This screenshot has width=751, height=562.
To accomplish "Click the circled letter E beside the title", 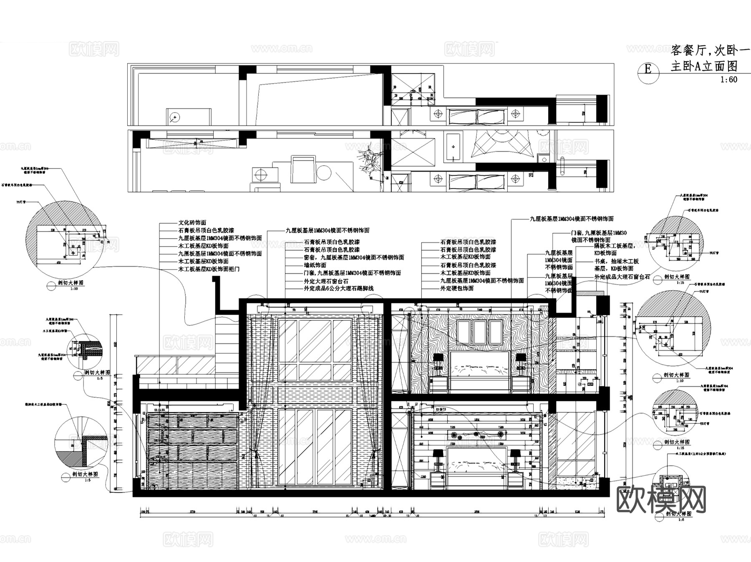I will (648, 68).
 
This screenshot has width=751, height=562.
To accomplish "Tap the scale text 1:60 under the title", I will (728, 79).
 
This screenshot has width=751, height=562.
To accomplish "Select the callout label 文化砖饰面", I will (192, 223).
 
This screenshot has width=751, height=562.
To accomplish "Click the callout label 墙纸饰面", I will (315, 265).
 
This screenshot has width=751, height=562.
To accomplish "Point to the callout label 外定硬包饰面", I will (457, 288).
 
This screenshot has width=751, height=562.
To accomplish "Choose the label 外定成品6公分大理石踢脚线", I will (338, 288).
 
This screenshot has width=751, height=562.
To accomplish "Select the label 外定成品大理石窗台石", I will (622, 277).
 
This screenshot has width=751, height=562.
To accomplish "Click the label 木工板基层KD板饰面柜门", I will (209, 269).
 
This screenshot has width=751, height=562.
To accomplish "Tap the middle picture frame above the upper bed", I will (479, 332).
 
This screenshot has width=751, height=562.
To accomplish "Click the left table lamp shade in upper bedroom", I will (438, 358).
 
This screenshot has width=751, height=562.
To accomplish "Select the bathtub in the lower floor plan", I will (453, 147).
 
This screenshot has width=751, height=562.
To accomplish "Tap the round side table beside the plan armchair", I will (324, 173).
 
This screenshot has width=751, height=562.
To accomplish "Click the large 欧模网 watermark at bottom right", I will (661, 499).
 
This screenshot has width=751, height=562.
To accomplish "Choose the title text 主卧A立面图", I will (704, 66).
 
